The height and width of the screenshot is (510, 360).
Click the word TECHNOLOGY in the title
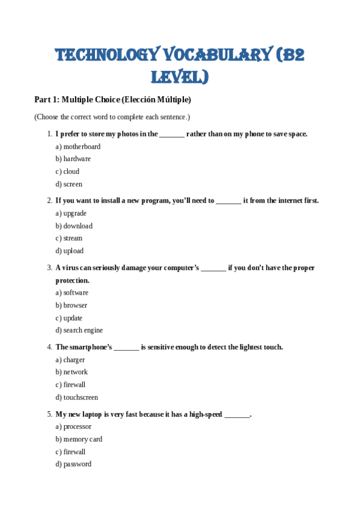point(104,55)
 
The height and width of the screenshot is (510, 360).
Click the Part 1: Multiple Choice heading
point(112,99)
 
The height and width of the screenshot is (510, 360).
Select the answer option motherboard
point(82,147)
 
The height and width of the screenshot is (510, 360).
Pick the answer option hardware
point(77,159)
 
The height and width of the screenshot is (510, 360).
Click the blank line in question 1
point(172,135)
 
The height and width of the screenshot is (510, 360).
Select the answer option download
point(78,226)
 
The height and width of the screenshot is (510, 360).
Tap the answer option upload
point(73,251)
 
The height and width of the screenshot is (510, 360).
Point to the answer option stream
point(73,239)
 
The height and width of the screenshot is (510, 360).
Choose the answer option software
point(76,293)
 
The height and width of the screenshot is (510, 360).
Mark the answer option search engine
point(83,331)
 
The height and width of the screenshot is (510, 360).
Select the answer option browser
point(75,306)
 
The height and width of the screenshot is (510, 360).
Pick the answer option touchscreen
point(81,398)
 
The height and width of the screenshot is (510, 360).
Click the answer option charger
point(74,360)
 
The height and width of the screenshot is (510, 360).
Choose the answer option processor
point(77,427)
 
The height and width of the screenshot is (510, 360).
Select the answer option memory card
point(83,440)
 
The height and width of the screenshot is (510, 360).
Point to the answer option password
point(77,464)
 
